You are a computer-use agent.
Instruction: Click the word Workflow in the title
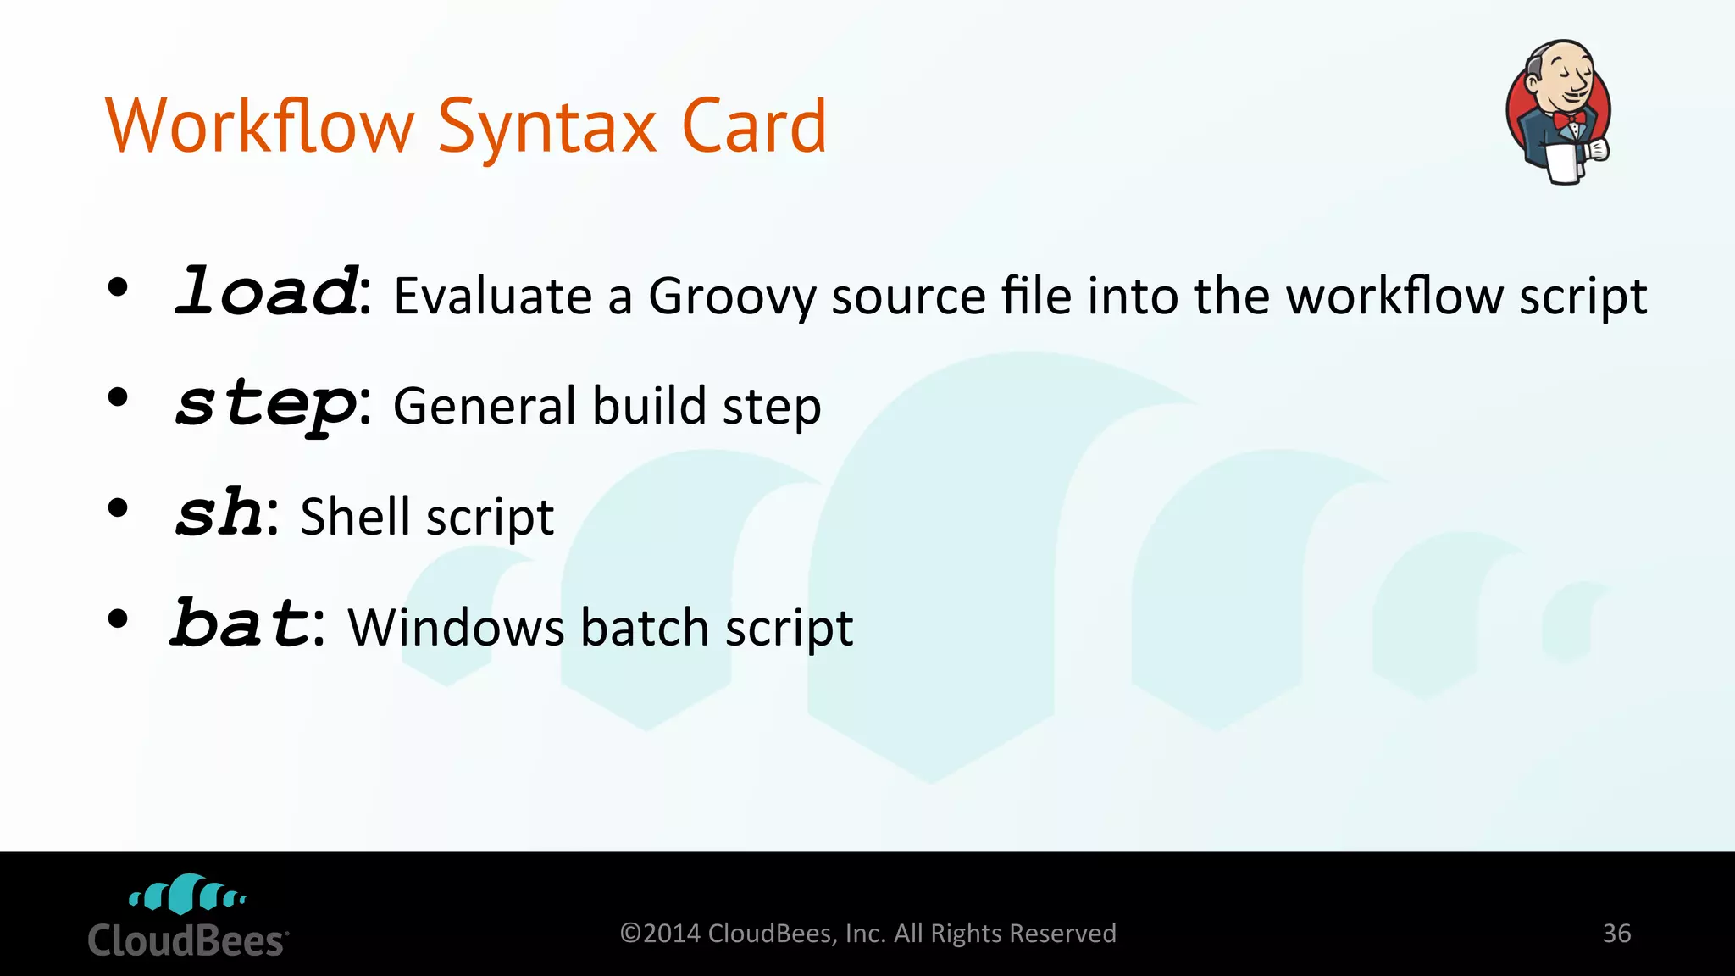tap(259, 126)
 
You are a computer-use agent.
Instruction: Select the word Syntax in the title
tap(546, 128)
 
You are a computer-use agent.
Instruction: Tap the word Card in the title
tap(753, 126)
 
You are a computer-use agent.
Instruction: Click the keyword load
tap(266, 291)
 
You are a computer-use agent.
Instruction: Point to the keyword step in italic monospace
tap(266, 404)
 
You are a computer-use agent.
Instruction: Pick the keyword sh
tap(219, 513)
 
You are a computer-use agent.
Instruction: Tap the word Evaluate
tap(492, 297)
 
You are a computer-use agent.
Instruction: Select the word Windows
tap(456, 628)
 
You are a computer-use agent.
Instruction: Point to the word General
tap(485, 406)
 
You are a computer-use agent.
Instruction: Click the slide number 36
tap(1616, 934)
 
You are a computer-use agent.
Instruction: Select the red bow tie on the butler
tap(1568, 119)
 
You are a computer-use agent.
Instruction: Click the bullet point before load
tap(118, 288)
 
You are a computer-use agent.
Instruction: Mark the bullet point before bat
tap(118, 619)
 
